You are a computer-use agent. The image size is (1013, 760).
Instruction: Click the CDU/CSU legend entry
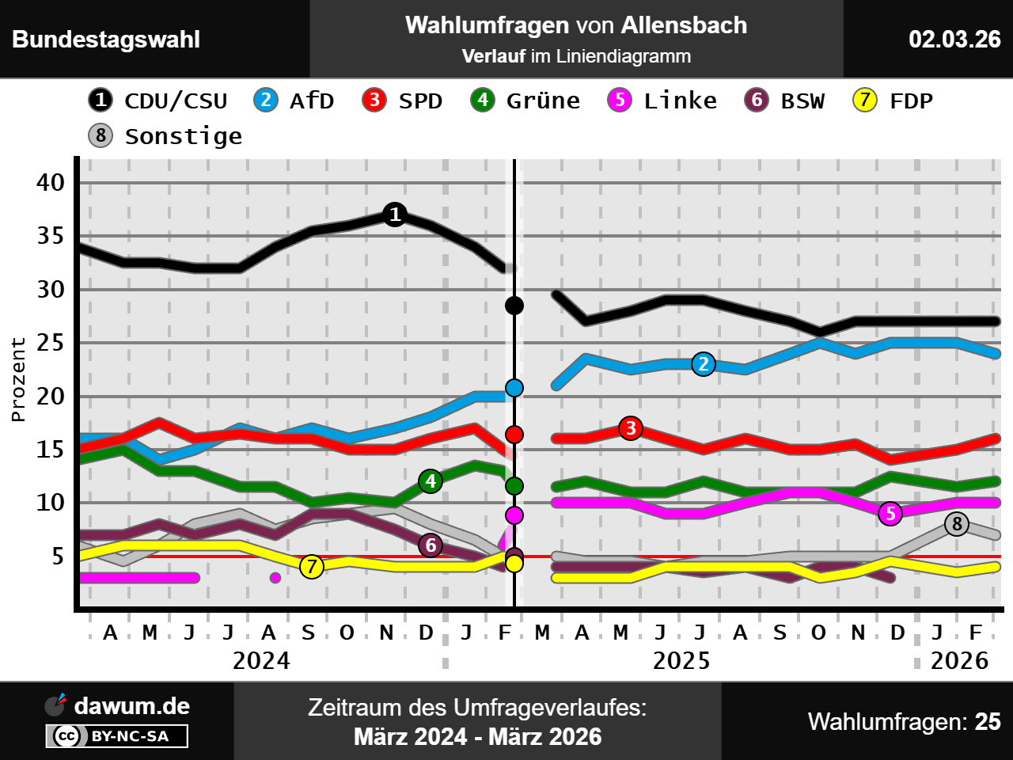158,101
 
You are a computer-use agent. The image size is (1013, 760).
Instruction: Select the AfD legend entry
294,101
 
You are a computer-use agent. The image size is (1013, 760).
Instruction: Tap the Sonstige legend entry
165,136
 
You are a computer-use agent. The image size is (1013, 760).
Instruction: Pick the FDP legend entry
893,101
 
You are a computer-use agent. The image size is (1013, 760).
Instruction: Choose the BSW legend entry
785,101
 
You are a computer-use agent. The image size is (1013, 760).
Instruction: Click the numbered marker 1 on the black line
395,215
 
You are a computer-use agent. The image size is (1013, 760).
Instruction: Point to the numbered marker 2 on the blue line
704,364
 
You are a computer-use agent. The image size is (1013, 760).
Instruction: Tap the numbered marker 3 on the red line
631,428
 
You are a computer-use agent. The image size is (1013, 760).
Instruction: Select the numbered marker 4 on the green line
431,481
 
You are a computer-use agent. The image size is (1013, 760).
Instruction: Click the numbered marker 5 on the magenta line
890,514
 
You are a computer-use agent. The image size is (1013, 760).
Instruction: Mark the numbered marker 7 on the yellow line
312,567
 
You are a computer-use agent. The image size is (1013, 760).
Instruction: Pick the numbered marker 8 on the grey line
957,523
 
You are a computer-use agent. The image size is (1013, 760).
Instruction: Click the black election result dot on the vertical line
514,306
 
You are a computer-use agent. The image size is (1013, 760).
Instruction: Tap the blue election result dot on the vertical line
514,388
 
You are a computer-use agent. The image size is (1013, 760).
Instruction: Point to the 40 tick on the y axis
51,183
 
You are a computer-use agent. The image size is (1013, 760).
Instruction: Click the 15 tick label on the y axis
51,450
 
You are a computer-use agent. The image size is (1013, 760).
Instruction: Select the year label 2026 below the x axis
959,661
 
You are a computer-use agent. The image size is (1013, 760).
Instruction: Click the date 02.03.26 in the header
954,40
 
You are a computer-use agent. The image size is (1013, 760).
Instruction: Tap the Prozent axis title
18,380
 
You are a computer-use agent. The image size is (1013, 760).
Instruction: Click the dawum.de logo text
131,706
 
